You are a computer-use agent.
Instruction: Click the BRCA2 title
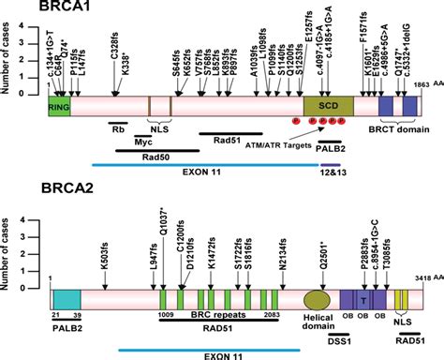coord(37,200)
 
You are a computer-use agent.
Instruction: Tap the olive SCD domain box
coord(327,106)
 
